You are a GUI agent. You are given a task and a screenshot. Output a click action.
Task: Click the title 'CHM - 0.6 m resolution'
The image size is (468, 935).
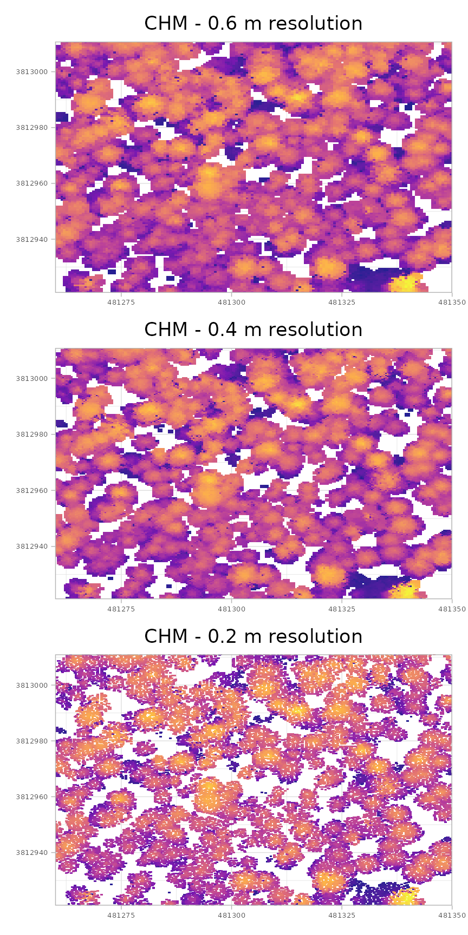(x=253, y=24)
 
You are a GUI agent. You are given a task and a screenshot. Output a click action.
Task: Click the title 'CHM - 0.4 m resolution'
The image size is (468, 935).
(x=253, y=330)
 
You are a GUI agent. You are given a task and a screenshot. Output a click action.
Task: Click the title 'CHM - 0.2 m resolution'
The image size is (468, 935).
(x=253, y=637)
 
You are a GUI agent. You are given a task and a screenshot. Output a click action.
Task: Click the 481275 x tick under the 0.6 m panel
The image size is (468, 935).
(x=121, y=301)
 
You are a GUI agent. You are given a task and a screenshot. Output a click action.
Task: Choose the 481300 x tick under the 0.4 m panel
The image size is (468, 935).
(x=231, y=608)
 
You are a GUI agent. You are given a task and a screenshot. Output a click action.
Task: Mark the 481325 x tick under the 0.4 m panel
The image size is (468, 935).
(x=342, y=608)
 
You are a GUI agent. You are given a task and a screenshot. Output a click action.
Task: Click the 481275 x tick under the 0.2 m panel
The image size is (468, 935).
(x=121, y=914)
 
